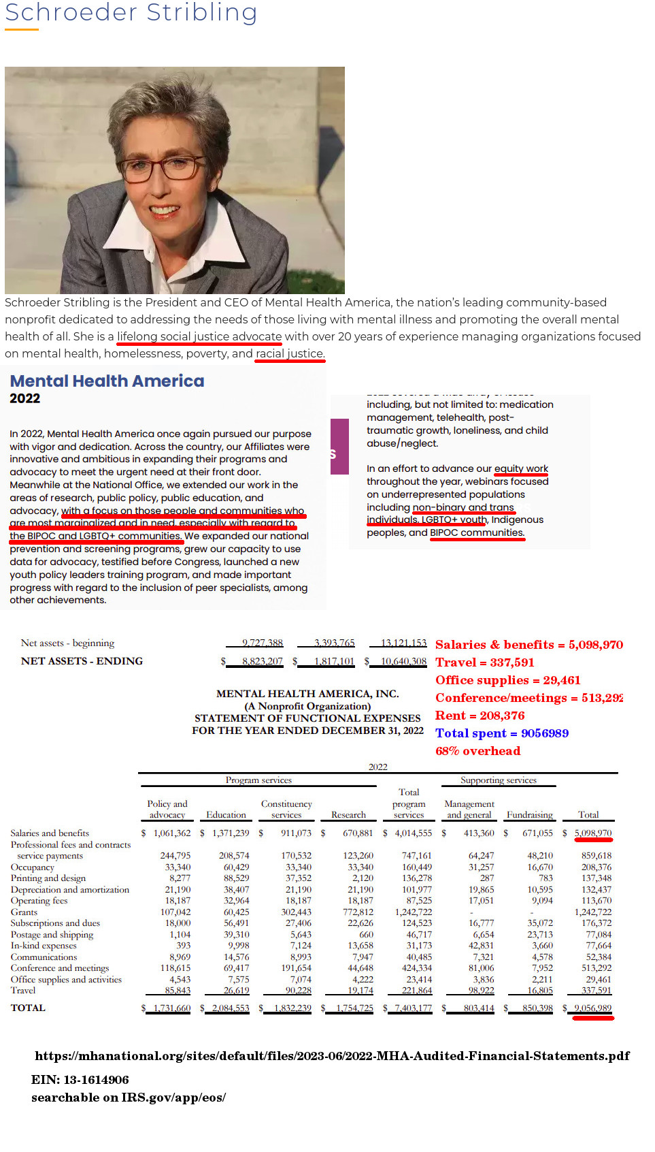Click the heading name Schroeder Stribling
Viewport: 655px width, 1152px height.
[x=131, y=12]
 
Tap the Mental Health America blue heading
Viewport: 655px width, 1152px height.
[x=107, y=381]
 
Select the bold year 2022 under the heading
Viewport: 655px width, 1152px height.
[x=24, y=399]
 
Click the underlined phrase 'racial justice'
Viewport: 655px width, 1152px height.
[x=289, y=353]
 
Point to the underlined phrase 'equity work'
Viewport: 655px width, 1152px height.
[x=521, y=468]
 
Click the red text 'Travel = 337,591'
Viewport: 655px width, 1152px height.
[x=484, y=662]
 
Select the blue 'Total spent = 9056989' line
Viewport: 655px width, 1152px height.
[x=502, y=733]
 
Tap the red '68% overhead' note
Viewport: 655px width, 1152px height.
[x=477, y=751]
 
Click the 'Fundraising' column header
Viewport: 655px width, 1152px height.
[x=529, y=814]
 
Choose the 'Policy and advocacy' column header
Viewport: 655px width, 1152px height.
[x=167, y=809]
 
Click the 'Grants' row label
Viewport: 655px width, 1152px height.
[x=24, y=912]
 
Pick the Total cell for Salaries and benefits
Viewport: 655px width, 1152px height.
[x=593, y=833]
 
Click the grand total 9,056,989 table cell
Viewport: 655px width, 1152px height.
[x=593, y=1008]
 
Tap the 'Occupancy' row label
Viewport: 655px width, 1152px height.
[x=32, y=867]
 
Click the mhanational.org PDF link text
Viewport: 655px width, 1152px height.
[x=332, y=1056]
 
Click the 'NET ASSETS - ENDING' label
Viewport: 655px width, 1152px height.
[x=82, y=661]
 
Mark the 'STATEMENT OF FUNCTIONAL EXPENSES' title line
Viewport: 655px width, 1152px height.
[x=307, y=718]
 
